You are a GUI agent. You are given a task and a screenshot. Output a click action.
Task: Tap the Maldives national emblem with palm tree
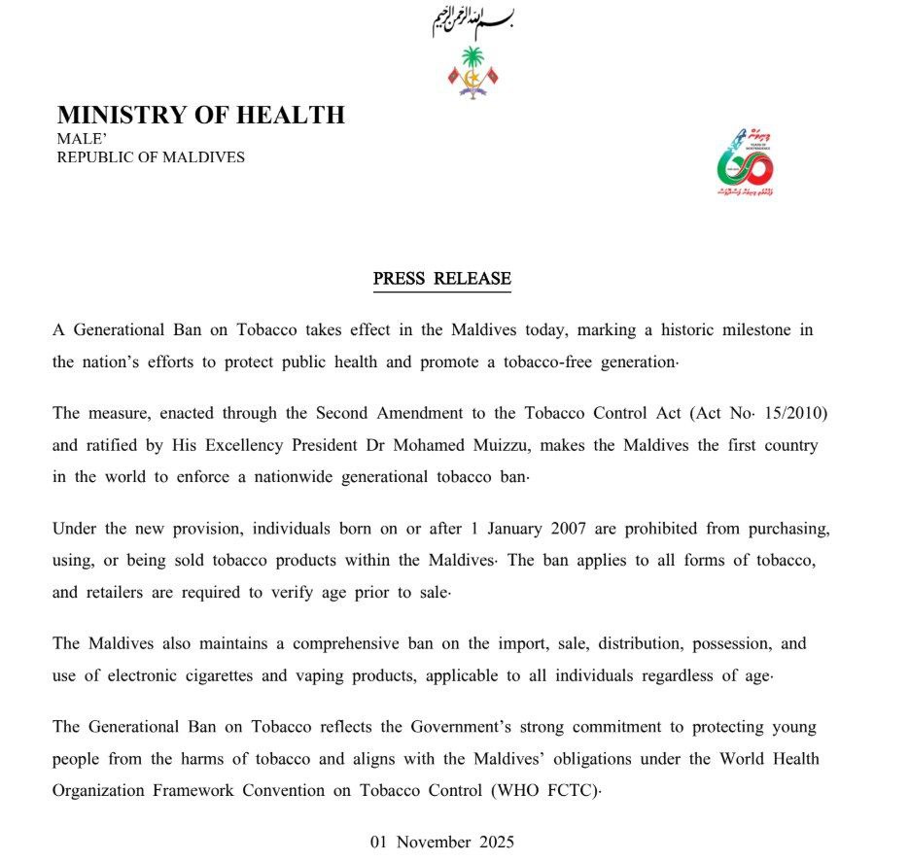[x=472, y=73]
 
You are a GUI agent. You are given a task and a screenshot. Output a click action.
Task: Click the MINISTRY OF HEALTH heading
[x=201, y=115]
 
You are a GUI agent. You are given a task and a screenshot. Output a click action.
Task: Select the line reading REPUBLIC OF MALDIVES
[x=151, y=156]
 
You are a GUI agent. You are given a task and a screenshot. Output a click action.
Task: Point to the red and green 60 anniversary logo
[x=746, y=161]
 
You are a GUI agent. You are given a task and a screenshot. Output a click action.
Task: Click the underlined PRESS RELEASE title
[x=442, y=279]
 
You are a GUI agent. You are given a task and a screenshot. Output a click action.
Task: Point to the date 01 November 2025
[x=442, y=842]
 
